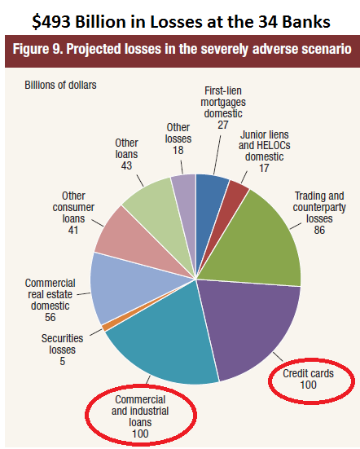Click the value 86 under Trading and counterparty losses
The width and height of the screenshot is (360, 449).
pos(319,230)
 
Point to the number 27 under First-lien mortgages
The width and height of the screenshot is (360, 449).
pos(223,125)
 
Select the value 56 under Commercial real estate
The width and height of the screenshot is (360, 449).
pos(50,317)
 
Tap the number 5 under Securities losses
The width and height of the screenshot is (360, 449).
pos(63,361)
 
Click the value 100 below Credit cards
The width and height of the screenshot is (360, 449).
pos(308,385)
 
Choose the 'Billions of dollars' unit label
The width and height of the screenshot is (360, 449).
pos(60,85)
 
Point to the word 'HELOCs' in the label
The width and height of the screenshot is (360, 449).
pos(274,146)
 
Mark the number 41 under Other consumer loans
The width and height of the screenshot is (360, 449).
pos(73,230)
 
